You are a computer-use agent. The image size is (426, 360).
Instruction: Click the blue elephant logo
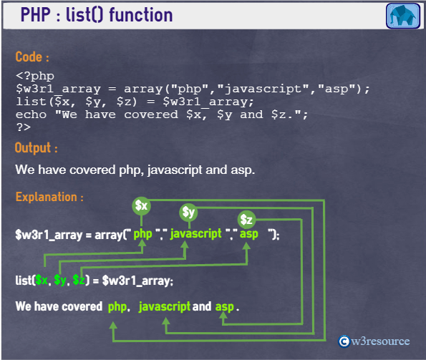[x=403, y=16]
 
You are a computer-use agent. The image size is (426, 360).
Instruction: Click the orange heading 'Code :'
[x=32, y=57]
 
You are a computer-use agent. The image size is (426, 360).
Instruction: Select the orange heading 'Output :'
[x=36, y=148]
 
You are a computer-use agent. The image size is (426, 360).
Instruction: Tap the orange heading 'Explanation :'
[x=49, y=197]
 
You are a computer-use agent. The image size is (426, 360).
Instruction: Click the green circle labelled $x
[x=141, y=206]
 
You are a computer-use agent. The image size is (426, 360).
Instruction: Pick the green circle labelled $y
[x=188, y=213]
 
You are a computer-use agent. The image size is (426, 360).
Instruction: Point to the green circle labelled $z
[x=246, y=220]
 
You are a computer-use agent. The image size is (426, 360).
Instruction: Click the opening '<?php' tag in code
[x=35, y=76]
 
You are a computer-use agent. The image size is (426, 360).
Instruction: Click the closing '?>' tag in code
[x=24, y=127]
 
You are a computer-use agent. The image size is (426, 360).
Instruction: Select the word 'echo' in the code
[x=31, y=115]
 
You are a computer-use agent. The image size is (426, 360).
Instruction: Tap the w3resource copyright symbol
[x=344, y=341]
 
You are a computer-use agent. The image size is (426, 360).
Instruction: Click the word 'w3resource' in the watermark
[x=380, y=341]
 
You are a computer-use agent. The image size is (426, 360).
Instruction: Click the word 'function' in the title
[x=141, y=14]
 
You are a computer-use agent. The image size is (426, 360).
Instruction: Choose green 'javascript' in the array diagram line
[x=196, y=234]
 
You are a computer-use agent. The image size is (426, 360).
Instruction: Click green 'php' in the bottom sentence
[x=117, y=307]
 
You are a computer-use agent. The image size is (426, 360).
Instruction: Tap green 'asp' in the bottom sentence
[x=224, y=307]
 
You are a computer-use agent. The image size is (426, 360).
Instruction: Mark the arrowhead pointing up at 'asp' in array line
[x=246, y=246]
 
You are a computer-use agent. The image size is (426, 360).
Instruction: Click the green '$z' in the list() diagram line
[x=79, y=280]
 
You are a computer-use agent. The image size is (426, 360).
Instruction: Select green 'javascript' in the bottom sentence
[x=165, y=307]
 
